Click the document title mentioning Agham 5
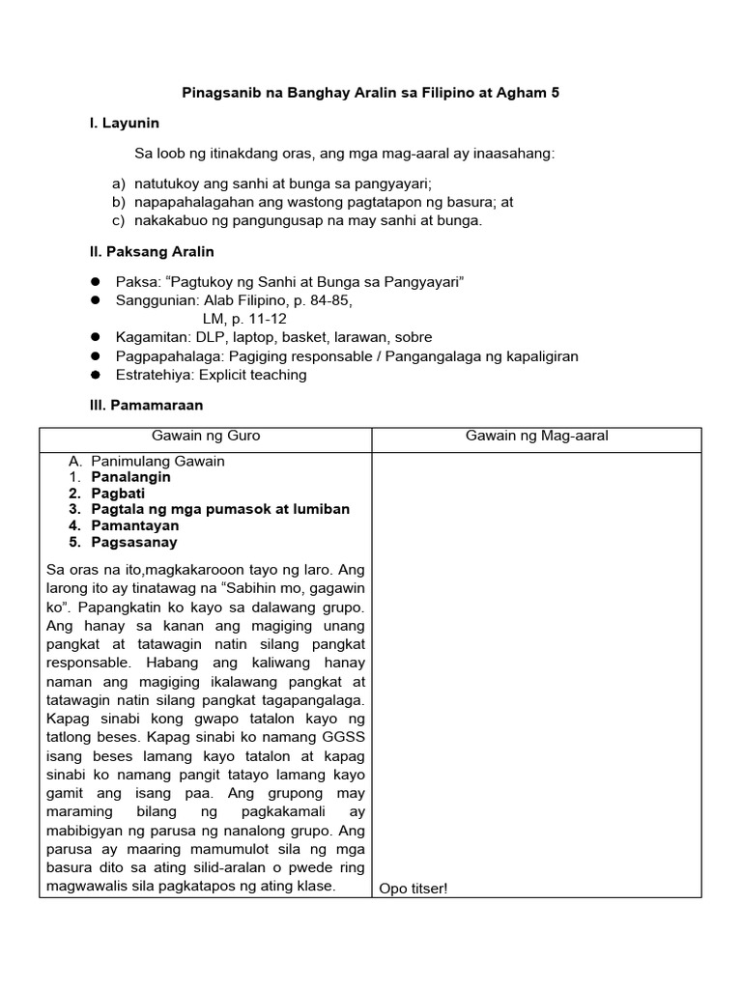(371, 94)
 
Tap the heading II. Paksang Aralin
(152, 252)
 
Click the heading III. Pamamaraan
(146, 406)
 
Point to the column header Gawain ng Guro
(206, 437)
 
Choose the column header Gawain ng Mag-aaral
(536, 437)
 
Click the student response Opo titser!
(414, 889)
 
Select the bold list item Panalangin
(130, 477)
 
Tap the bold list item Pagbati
(118, 494)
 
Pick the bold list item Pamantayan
(134, 526)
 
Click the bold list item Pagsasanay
(134, 543)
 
